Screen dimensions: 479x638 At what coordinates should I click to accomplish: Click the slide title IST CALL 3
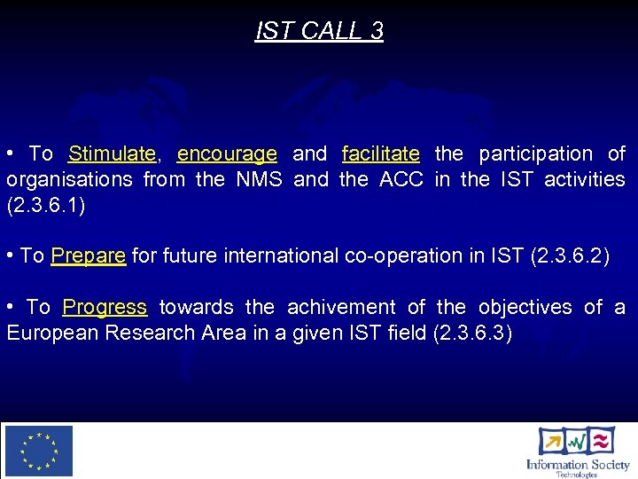pos(319,31)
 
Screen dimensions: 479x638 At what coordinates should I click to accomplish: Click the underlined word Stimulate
pos(112,154)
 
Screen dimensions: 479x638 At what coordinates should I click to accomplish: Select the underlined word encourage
pos(227,154)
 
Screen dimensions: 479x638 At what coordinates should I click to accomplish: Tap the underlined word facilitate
pos(380,154)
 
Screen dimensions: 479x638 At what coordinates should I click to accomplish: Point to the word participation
pos(536,154)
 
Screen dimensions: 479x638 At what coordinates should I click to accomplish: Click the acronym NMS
pos(259,180)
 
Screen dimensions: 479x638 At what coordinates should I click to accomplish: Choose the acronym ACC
pos(401,180)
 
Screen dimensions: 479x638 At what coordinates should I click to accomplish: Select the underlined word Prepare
pos(89,256)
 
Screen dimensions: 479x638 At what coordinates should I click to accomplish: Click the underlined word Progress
pos(105,308)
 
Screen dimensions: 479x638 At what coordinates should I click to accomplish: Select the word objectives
pos(525,308)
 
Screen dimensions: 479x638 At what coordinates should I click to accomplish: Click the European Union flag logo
pos(39,451)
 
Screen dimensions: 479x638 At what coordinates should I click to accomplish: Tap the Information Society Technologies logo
pos(577,452)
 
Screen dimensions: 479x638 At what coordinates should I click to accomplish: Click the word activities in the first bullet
pos(584,180)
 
